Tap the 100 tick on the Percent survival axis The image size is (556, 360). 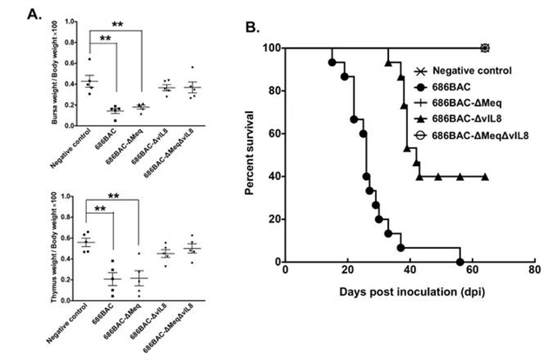274,48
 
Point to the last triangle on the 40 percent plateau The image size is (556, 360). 485,177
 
